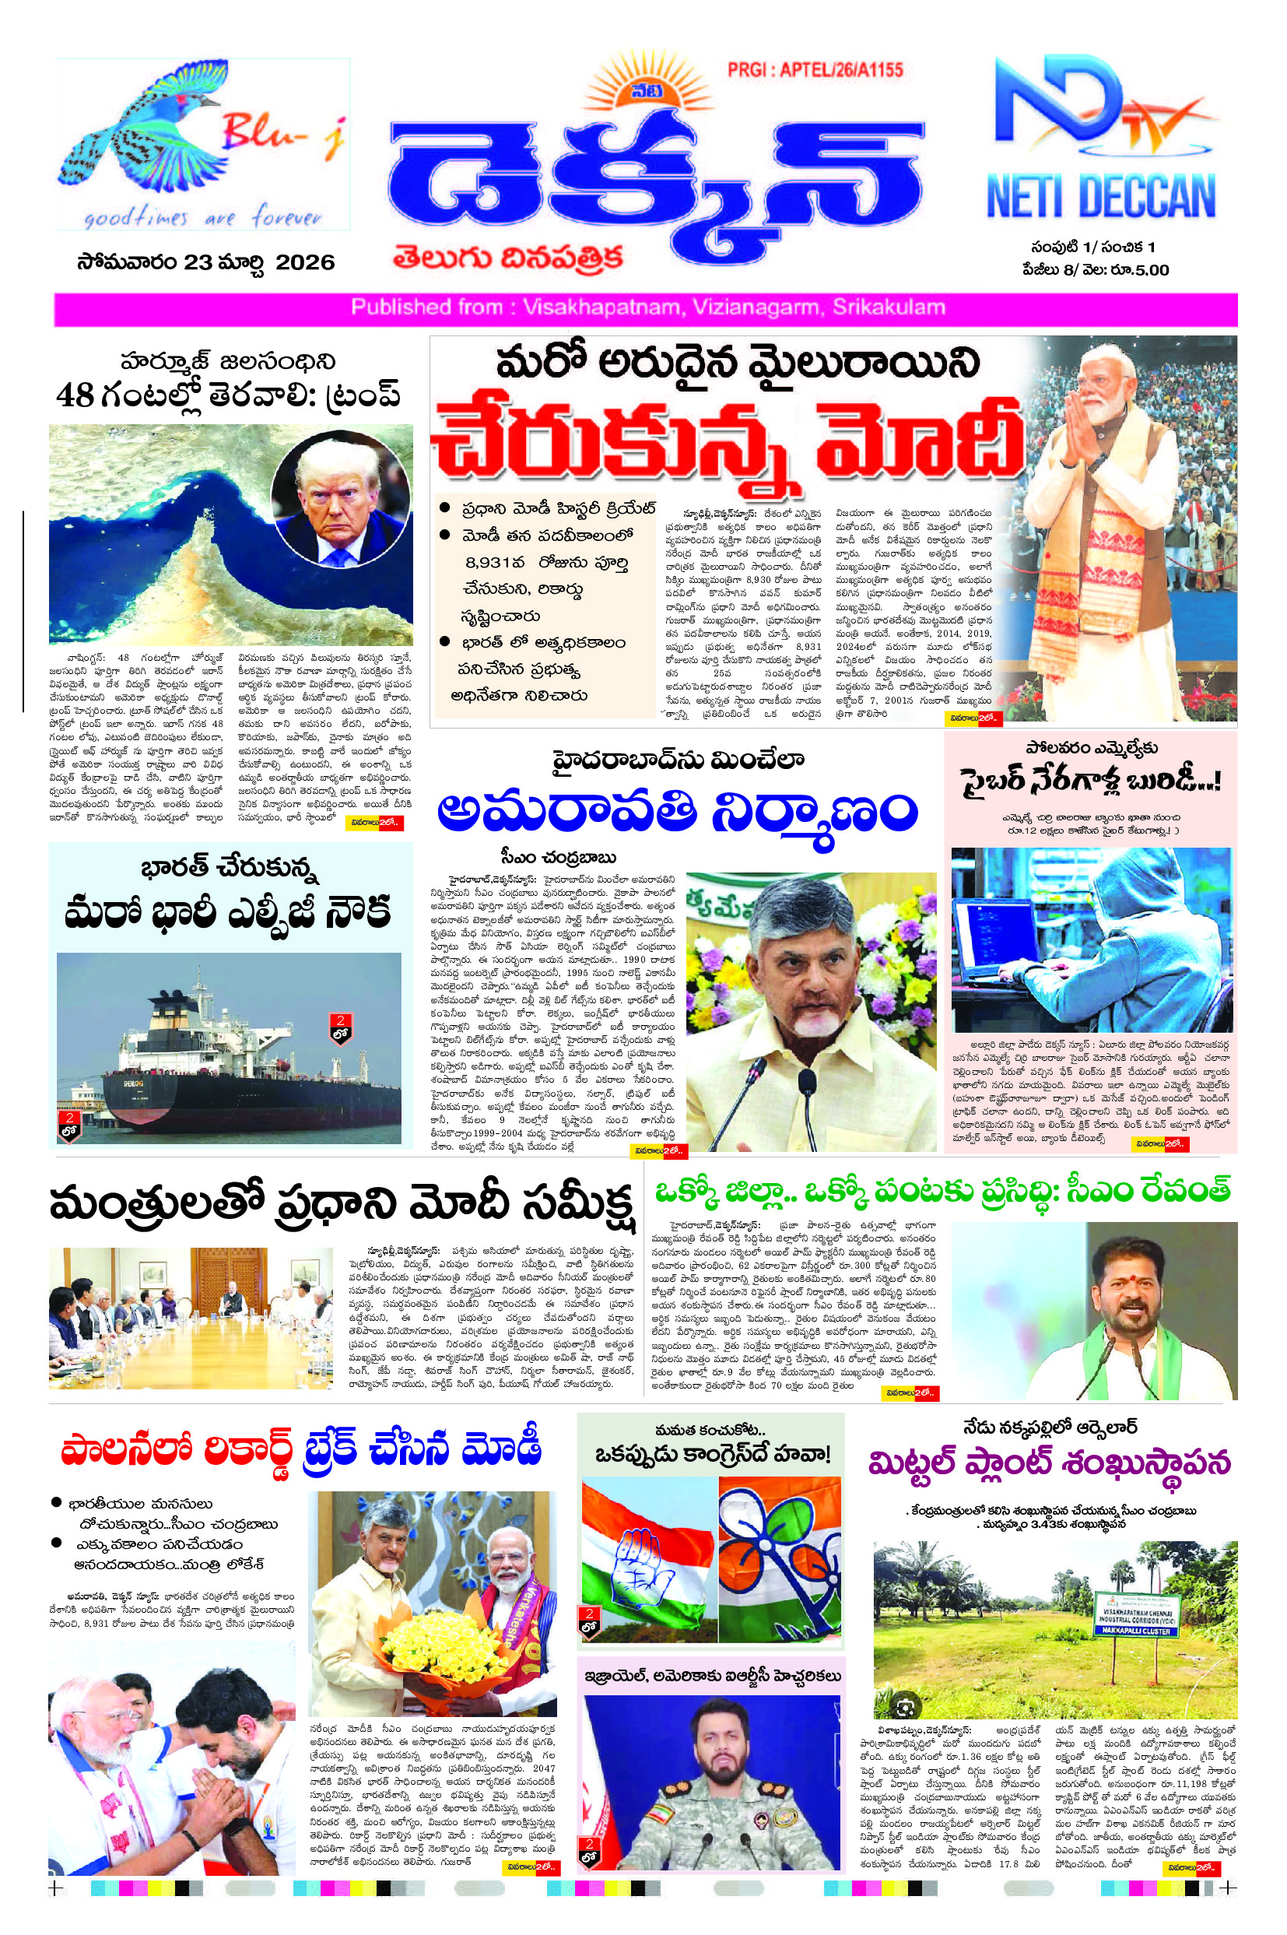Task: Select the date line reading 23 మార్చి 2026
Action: coord(205,263)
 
